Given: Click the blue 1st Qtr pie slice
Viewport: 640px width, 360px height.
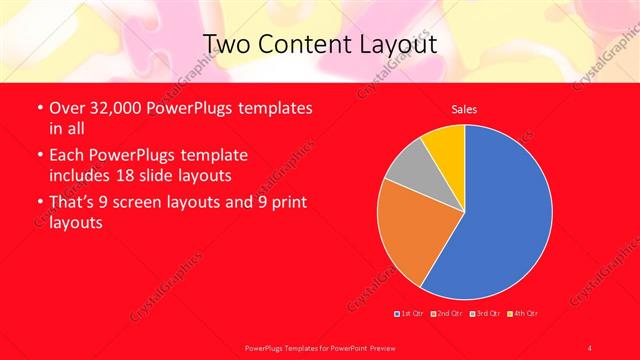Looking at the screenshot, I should click(500, 215).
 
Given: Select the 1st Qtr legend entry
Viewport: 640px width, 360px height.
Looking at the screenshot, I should click(410, 313).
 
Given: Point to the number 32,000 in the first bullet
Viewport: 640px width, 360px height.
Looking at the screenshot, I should click(114, 108).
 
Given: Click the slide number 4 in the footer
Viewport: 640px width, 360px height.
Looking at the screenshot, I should click(589, 347).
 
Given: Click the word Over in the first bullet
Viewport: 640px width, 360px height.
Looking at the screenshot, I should click(66, 108).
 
